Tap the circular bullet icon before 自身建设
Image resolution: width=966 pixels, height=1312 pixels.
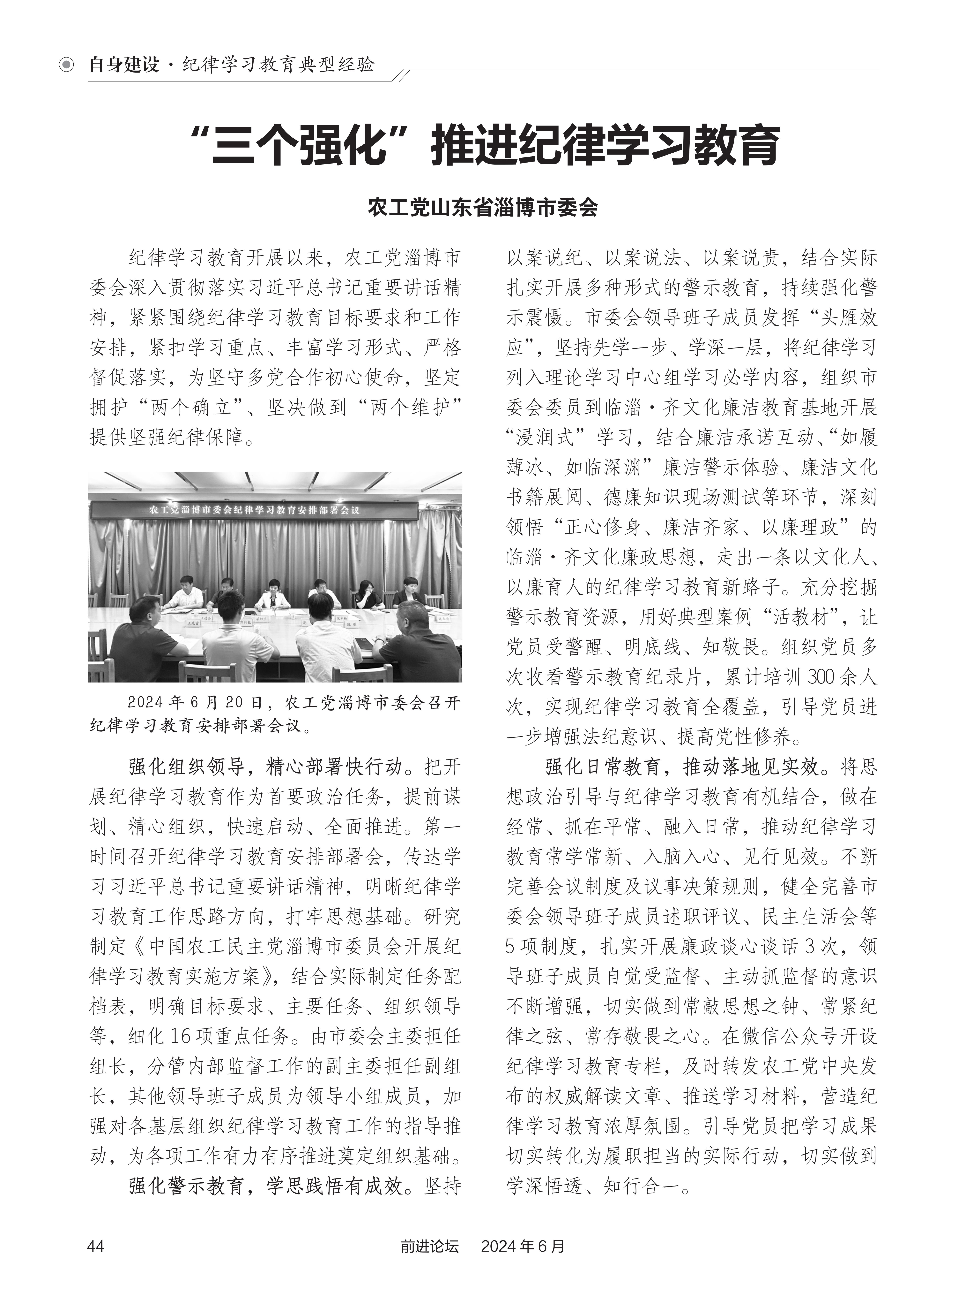[67, 64]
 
